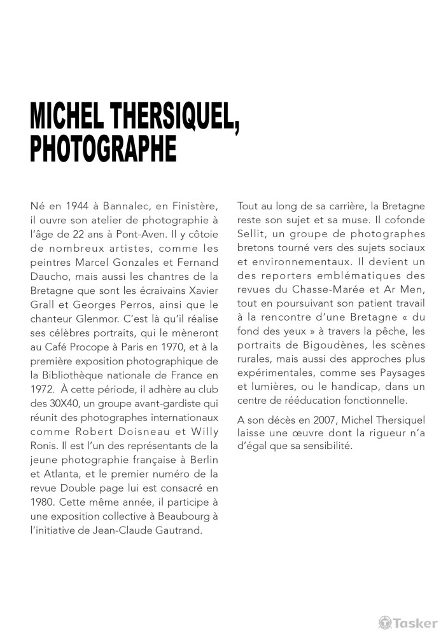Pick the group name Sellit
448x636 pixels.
pyautogui.click(x=251, y=234)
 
